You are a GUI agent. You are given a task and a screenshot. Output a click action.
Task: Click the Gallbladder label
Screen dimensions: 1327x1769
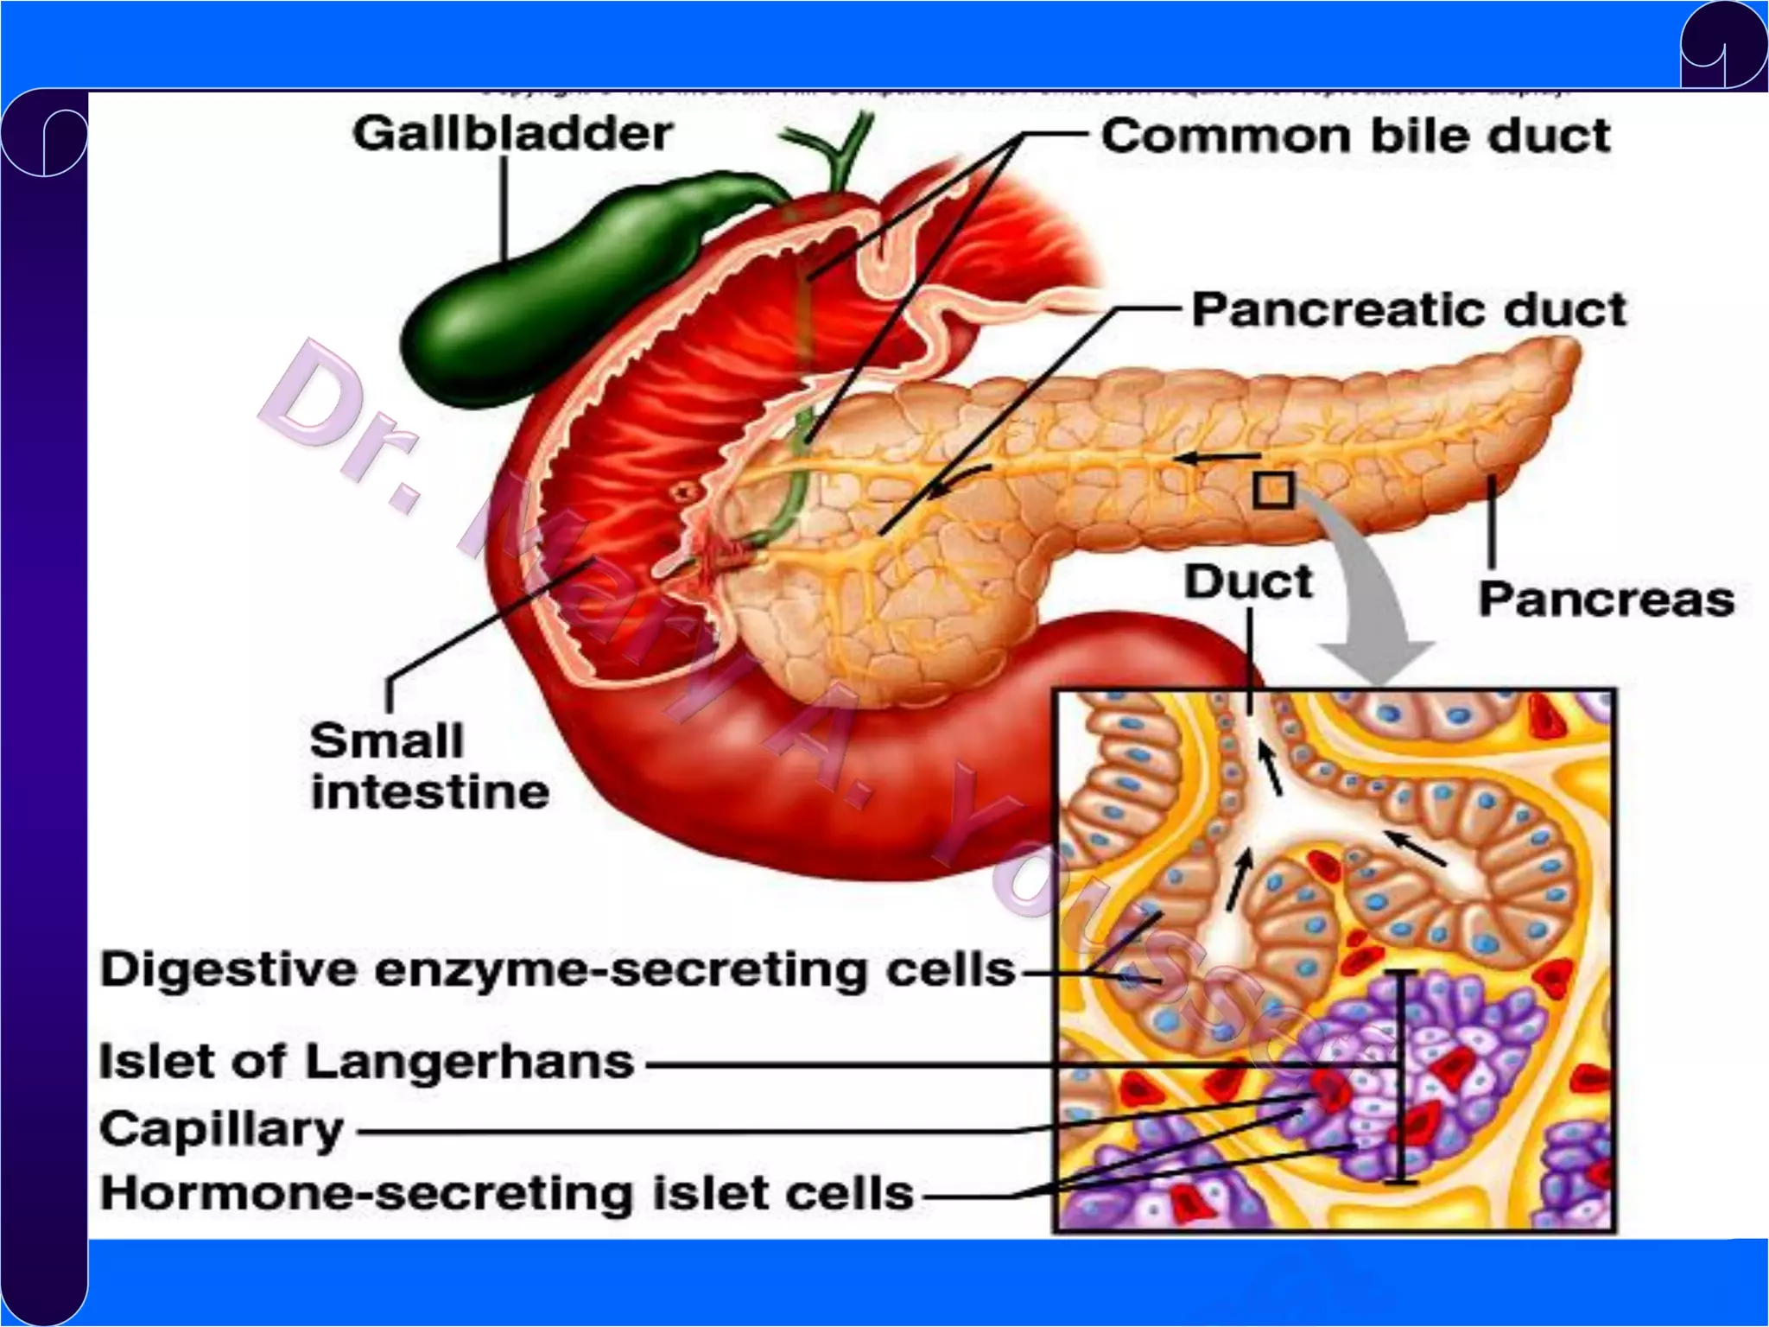(x=512, y=134)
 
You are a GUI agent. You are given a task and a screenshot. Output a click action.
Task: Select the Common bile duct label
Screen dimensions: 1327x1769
(x=1355, y=137)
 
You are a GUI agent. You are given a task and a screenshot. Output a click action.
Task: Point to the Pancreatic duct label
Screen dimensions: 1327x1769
(x=1409, y=309)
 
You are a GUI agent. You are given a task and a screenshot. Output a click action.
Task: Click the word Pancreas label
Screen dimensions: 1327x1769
(x=1606, y=600)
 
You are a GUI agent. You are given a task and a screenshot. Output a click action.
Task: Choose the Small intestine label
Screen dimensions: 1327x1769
(x=429, y=767)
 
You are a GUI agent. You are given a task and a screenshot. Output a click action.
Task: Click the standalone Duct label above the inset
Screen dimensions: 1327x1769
(x=1248, y=581)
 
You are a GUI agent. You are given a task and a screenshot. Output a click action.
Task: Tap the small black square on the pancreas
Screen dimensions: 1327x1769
(x=1273, y=490)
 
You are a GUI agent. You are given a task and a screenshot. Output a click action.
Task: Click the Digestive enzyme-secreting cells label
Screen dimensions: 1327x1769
(x=557, y=970)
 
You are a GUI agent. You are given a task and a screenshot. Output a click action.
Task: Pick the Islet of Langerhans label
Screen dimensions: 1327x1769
(x=366, y=1061)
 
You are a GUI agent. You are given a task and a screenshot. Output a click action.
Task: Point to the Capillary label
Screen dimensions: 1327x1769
(x=222, y=1129)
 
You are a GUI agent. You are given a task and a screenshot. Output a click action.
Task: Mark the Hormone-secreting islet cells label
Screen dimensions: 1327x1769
(x=507, y=1194)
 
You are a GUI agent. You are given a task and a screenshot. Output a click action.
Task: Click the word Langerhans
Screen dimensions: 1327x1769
(x=469, y=1063)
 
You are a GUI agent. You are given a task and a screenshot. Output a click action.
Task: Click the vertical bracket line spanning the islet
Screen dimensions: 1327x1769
(x=1402, y=1076)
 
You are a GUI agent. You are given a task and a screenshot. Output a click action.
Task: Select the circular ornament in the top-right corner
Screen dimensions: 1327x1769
(x=1723, y=45)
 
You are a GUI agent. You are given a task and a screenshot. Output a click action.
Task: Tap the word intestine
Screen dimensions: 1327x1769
(x=430, y=793)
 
